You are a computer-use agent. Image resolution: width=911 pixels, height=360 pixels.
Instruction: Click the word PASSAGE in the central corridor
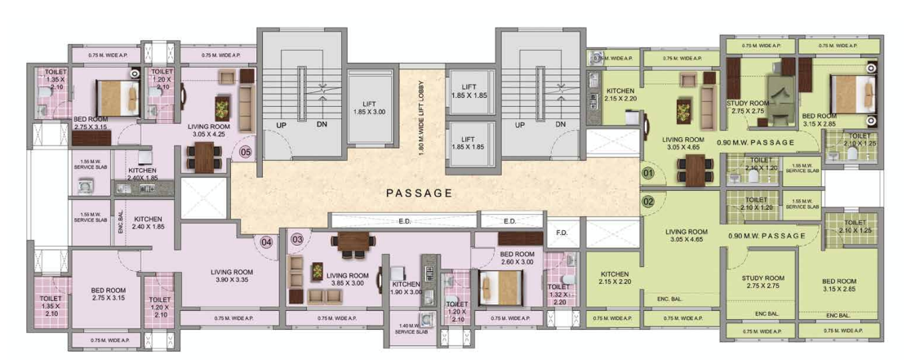tap(419, 193)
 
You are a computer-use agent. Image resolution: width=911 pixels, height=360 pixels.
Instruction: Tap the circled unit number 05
tap(245, 151)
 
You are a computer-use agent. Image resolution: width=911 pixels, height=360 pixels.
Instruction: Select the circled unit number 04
tap(266, 242)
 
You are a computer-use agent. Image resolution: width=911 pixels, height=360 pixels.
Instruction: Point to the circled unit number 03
tap(297, 239)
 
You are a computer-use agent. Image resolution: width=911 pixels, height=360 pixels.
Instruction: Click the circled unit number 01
tap(649, 174)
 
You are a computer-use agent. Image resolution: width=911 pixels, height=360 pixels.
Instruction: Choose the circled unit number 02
tap(649, 201)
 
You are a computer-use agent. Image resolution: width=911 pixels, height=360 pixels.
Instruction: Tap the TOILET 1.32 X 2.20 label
tap(559, 293)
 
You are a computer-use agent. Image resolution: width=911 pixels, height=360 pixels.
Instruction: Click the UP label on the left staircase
tap(280, 125)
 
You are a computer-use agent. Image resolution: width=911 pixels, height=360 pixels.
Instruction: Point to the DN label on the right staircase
tap(560, 125)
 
